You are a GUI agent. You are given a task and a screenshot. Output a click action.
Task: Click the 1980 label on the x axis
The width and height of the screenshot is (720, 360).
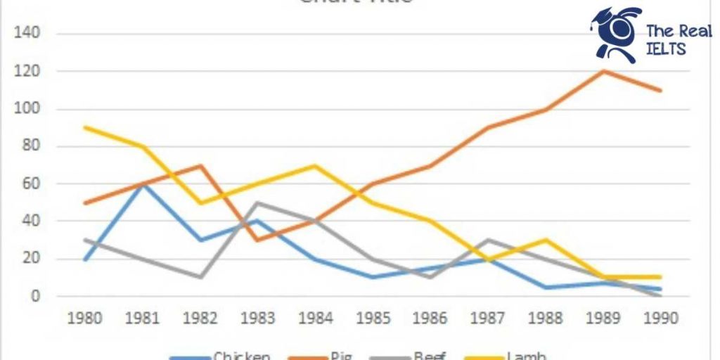click(84, 319)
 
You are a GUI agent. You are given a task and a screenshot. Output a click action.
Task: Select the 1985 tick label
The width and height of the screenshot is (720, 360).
click(373, 319)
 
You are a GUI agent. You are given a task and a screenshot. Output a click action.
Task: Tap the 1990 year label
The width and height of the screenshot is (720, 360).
click(660, 319)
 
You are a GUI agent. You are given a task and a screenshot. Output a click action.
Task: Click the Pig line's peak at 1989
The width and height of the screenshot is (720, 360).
click(603, 71)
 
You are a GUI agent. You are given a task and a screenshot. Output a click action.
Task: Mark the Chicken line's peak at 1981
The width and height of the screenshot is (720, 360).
click(141, 184)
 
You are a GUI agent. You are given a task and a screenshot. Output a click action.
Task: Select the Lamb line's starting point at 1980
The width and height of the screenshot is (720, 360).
click(84, 127)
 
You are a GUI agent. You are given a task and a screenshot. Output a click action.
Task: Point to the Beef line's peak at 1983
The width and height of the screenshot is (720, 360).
click(257, 203)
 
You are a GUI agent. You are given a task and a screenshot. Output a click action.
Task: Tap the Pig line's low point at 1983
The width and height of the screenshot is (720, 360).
click(257, 240)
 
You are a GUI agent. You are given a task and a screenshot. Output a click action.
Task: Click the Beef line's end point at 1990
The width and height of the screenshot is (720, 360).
click(660, 295)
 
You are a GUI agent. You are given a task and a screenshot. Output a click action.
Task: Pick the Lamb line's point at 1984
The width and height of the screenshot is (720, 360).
click(315, 166)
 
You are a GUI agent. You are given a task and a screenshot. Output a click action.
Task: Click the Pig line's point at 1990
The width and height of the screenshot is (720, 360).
click(660, 90)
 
